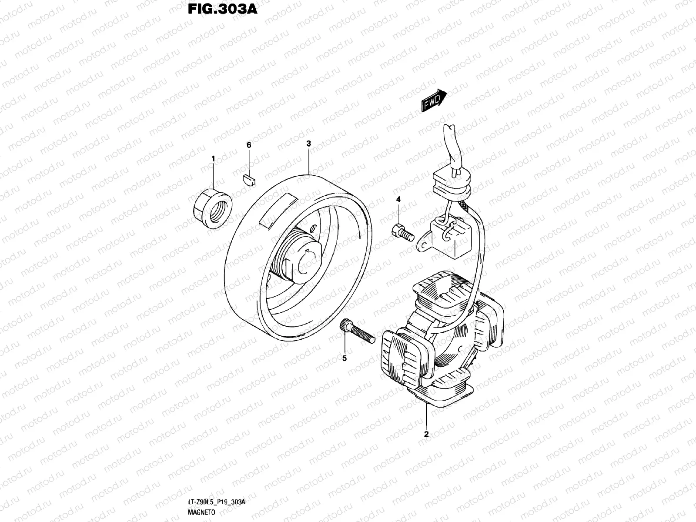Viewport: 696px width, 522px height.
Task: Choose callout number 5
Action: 344,358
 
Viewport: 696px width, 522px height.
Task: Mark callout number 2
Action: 426,434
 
